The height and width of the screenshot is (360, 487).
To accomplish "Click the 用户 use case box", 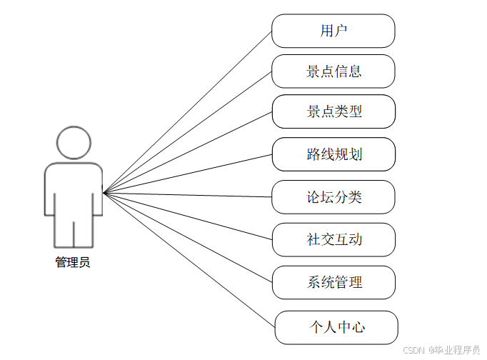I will point(333,31).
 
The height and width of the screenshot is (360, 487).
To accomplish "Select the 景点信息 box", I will point(333,71).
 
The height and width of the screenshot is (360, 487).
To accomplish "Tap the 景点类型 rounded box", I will point(333,112).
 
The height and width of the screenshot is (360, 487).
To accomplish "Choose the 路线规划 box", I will point(333,154).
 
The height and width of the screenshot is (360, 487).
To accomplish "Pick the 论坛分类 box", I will point(333,197).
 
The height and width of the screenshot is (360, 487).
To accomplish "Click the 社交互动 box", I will point(333,239).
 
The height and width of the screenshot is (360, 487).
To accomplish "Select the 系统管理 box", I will point(333,282).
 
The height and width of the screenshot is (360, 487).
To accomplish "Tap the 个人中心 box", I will point(336,327).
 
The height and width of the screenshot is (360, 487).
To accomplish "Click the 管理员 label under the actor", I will point(73,262).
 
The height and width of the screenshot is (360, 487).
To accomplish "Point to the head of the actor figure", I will point(74,143).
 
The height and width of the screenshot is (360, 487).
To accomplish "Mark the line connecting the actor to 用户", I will point(187,112).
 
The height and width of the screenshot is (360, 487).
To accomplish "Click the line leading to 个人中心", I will point(189,260).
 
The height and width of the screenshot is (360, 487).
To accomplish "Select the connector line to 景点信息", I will point(187,132).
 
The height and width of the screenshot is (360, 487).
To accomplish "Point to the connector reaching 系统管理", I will point(187,238).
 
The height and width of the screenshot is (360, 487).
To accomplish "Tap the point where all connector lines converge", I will point(104,193).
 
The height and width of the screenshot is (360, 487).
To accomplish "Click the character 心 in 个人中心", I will point(358,327).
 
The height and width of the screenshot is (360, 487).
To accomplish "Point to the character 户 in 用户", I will point(341,31).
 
